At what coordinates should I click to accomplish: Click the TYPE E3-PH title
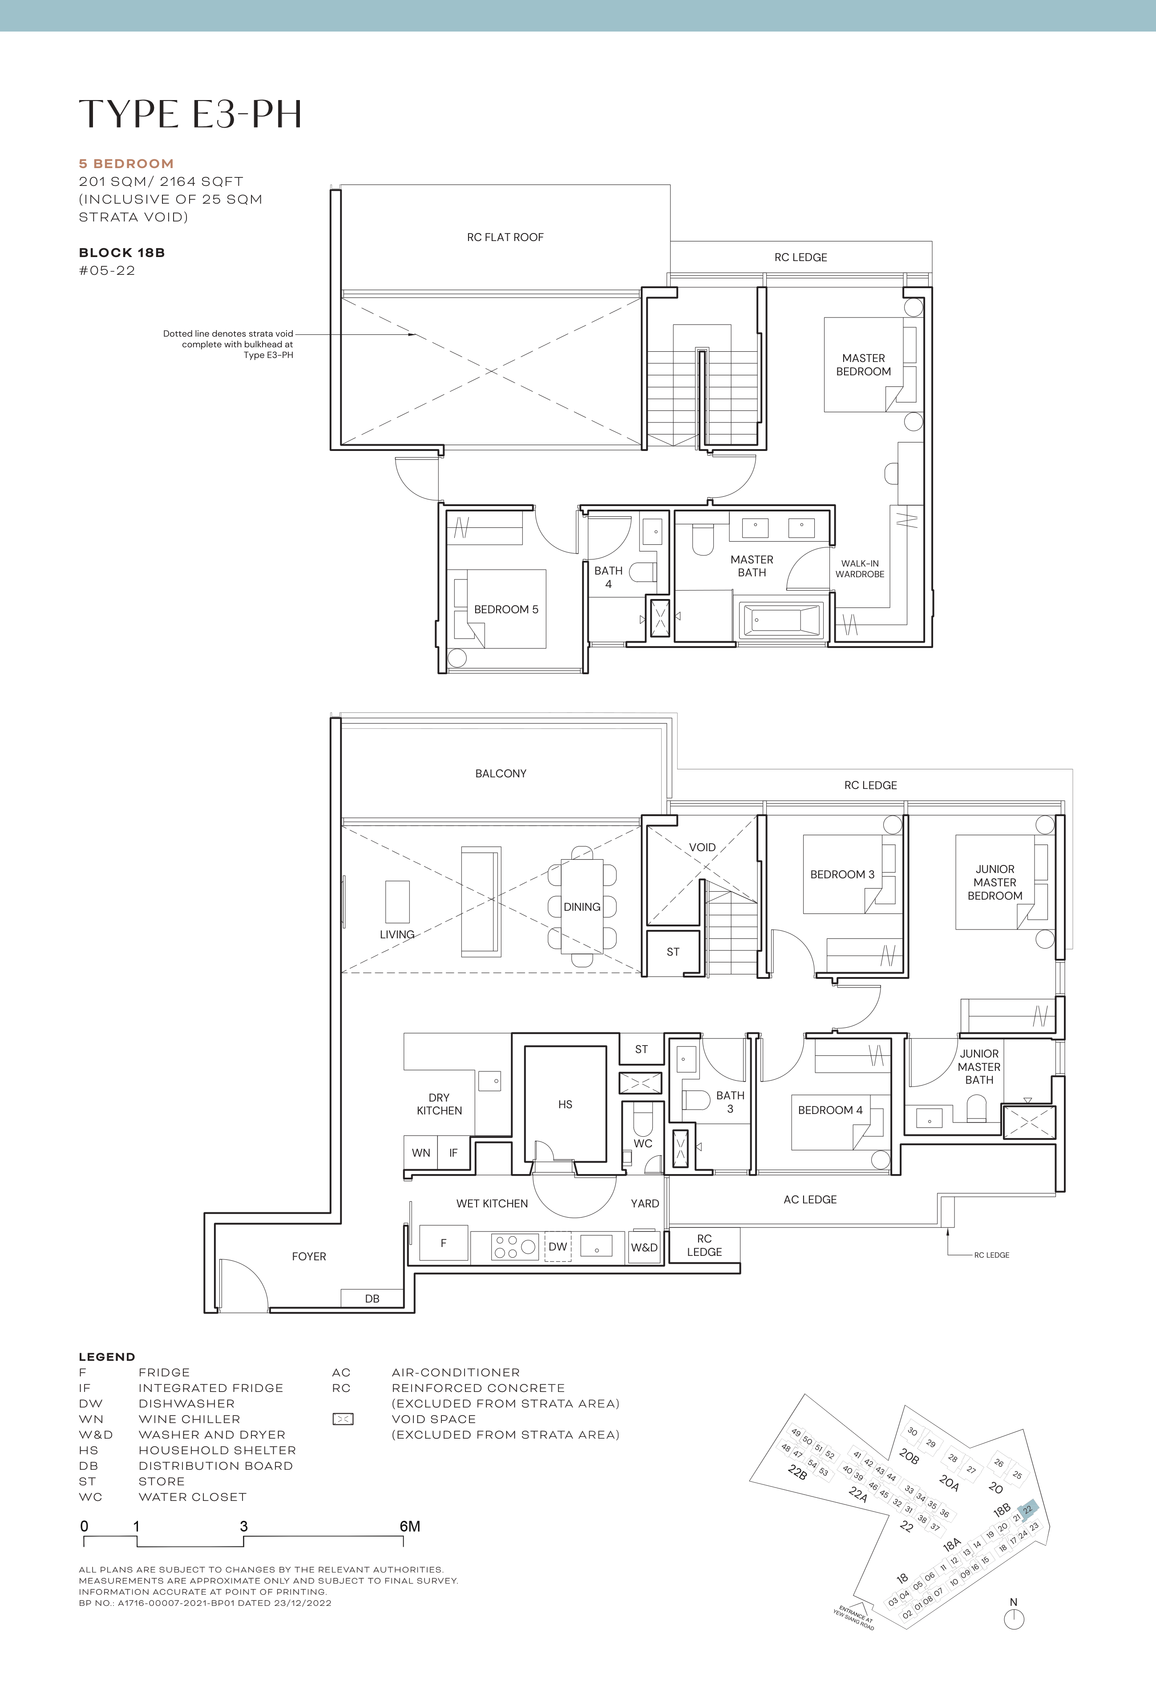190,114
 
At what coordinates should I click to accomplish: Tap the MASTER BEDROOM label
863,365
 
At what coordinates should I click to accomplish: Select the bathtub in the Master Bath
781,620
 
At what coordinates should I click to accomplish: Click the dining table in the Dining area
582,906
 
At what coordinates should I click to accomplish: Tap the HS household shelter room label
565,1104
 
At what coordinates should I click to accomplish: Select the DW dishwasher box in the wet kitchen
558,1247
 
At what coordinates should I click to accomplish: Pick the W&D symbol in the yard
644,1247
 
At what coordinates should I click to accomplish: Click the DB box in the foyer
372,1298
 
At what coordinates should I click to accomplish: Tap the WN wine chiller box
421,1153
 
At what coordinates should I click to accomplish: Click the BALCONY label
501,773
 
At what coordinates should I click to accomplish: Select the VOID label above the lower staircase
702,847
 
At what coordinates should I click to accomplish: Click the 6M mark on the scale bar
410,1527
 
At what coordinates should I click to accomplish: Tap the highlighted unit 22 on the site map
1029,1509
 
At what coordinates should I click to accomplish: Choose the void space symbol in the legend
343,1419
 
